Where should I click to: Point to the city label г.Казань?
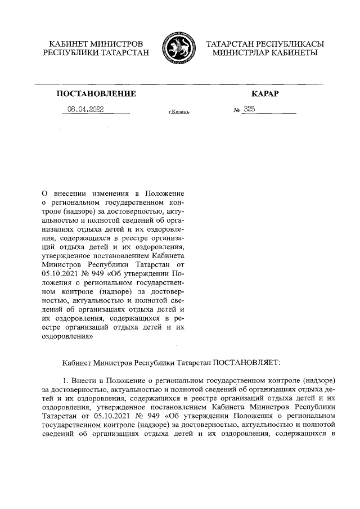click(x=179, y=112)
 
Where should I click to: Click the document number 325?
click(x=249, y=110)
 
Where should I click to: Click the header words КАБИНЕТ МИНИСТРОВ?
click(x=96, y=43)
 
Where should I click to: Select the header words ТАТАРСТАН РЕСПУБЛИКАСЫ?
click(x=265, y=43)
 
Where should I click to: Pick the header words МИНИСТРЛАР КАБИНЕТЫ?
click(x=265, y=52)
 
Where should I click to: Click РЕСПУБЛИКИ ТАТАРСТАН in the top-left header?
click(x=96, y=52)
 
